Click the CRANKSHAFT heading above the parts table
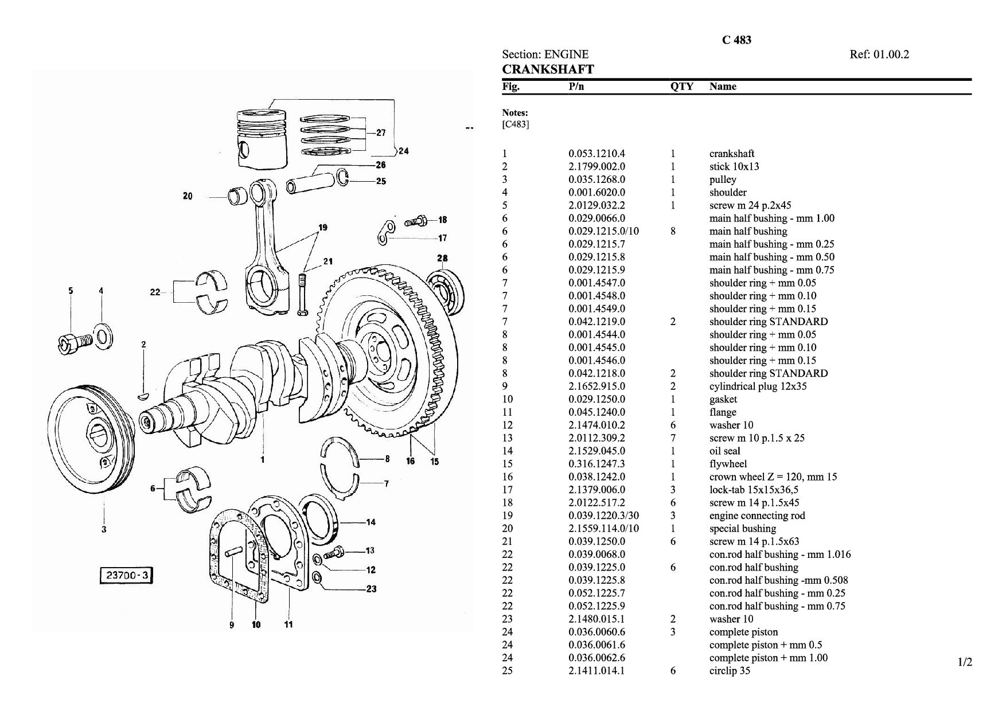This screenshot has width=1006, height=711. coord(548,69)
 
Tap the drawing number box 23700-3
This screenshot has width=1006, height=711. coord(127,575)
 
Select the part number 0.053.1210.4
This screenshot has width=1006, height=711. coord(596,154)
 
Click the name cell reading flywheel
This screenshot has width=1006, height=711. coord(728,464)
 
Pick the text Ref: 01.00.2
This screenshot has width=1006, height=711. coord(879,54)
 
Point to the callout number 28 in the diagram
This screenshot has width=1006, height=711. coord(442,259)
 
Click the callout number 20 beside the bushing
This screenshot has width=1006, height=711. coord(188,196)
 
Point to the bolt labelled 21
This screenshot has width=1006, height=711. coord(303,294)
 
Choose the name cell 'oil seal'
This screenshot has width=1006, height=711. coord(725,451)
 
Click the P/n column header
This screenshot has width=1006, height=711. coord(576,87)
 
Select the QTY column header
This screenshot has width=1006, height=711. coord(681,87)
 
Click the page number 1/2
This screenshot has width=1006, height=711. coord(965,663)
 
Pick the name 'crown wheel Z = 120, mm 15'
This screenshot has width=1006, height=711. coord(773,477)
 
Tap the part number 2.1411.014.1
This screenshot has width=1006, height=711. coord(596,671)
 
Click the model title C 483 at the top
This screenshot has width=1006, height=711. coord(736,40)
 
